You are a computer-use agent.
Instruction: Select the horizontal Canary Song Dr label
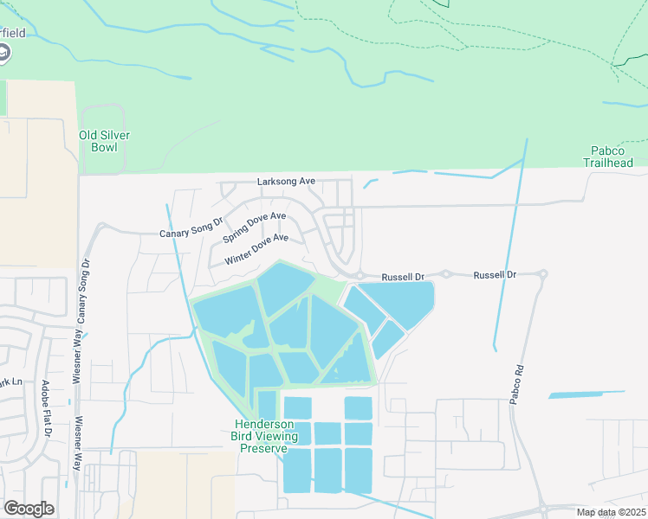click(x=191, y=234)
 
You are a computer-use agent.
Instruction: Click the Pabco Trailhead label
click(x=607, y=157)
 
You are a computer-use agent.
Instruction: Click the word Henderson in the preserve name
click(x=264, y=425)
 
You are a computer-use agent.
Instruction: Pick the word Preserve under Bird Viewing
click(x=263, y=448)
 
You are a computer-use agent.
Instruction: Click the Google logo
click(x=29, y=508)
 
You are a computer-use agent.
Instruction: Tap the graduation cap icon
click(x=4, y=54)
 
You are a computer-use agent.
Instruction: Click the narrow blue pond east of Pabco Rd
click(x=586, y=394)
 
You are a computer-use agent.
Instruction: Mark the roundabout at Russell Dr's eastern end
click(x=542, y=274)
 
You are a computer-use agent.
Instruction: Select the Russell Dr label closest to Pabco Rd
click(x=494, y=274)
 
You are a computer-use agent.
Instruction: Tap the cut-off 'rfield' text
click(x=12, y=34)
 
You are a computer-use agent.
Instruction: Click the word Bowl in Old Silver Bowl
click(x=104, y=147)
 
